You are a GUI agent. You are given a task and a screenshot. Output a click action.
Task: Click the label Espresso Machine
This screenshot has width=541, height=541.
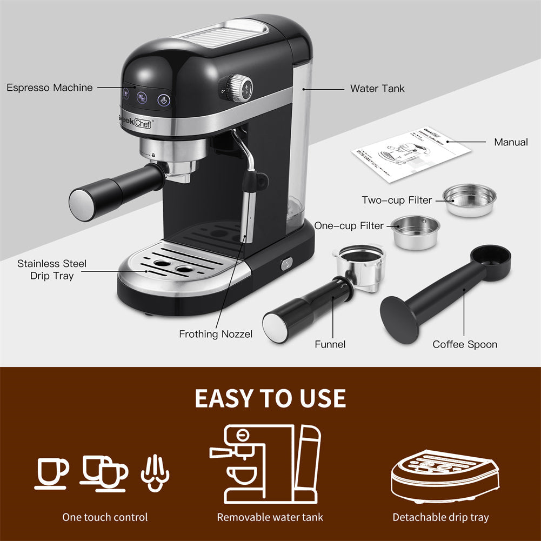point(50,88)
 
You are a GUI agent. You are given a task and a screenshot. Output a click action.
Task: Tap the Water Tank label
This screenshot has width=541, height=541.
point(377,88)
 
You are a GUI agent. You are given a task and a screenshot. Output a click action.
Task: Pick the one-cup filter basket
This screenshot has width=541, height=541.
point(416,231)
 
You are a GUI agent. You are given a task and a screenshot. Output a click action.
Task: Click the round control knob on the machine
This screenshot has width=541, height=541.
point(237,88)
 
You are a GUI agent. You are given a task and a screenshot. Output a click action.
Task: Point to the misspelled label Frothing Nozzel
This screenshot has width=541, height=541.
point(216,334)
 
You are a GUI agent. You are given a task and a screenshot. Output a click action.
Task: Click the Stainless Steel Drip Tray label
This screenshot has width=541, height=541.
point(52,270)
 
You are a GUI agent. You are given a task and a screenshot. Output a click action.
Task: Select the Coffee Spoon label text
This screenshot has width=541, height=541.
point(465,344)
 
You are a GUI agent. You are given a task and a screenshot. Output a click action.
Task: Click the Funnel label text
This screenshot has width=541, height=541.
point(330,344)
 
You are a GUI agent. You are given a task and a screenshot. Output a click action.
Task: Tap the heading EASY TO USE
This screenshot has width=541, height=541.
point(270,398)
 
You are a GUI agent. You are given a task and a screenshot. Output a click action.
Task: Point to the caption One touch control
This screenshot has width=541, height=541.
point(105,517)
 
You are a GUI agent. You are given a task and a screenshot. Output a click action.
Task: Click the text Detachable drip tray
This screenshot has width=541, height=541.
point(440,517)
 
